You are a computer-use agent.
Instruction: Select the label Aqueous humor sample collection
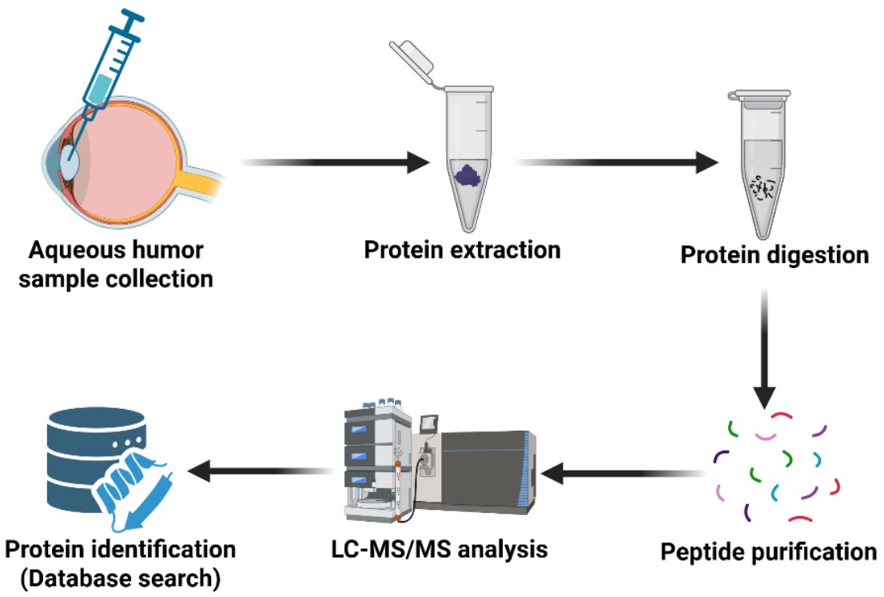[x=116, y=265]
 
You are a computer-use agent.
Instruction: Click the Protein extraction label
[x=462, y=250]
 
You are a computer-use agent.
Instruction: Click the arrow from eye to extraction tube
[x=336, y=163]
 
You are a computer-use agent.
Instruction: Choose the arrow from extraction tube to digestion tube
[x=615, y=163]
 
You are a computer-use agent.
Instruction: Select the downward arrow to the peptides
[x=765, y=352]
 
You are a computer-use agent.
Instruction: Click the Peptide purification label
[x=768, y=551]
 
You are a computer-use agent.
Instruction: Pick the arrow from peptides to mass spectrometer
[x=623, y=476]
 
